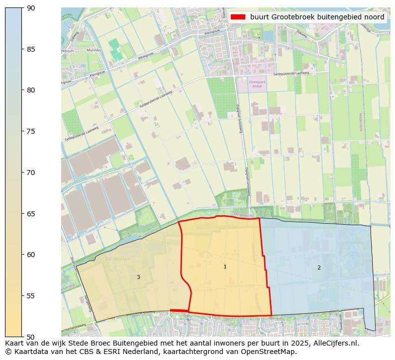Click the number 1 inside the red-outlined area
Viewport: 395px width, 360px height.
pos(225,267)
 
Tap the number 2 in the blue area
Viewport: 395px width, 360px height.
pos(319,268)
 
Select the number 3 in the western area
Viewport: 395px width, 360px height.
pos(138,277)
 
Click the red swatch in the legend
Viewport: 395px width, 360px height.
pos(238,17)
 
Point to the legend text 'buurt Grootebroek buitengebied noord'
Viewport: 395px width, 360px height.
pos(317,17)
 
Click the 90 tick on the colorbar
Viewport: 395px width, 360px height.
pos(31,8)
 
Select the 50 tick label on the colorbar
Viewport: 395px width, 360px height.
pos(31,337)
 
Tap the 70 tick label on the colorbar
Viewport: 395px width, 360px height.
pos(31,173)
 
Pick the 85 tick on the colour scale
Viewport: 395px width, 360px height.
pos(31,49)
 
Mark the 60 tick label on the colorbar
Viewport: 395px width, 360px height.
pos(31,255)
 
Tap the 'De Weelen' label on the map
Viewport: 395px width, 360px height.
pos(117,259)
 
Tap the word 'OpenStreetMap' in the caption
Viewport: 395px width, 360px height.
pos(271,352)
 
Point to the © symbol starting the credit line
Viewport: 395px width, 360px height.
pos(8,352)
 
